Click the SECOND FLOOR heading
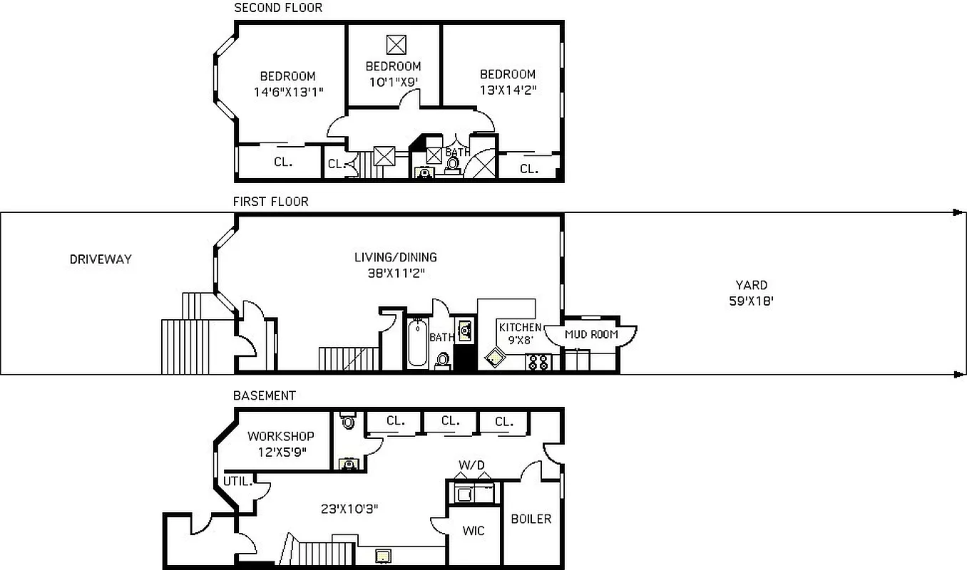click(278, 8)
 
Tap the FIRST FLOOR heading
click(270, 202)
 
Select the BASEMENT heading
click(264, 395)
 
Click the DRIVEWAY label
click(101, 259)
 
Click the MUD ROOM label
click(591, 334)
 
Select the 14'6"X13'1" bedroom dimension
click(287, 91)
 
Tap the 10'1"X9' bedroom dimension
click(393, 81)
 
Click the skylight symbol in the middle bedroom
click(396, 45)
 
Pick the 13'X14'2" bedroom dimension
click(507, 90)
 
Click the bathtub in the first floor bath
click(417, 343)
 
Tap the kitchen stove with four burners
click(537, 362)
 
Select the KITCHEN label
click(520, 327)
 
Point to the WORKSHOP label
click(280, 436)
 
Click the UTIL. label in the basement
click(237, 481)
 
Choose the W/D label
click(471, 465)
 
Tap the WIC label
click(474, 531)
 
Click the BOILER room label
click(531, 519)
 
